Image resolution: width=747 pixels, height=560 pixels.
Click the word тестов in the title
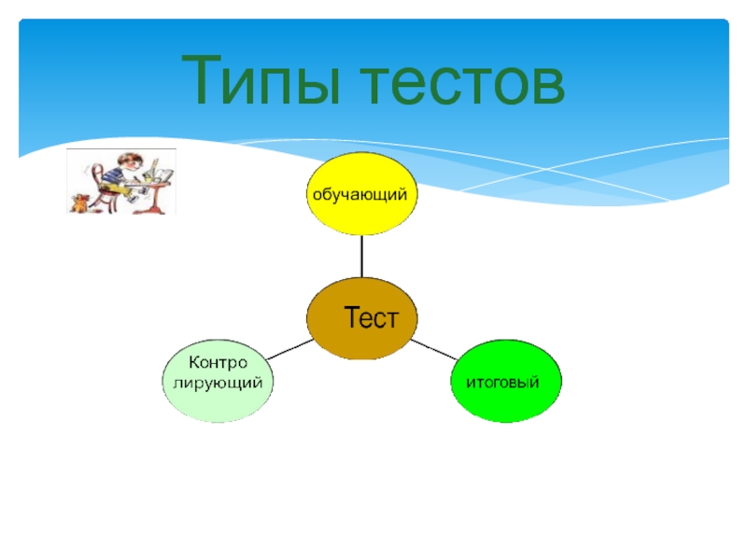tap(456, 80)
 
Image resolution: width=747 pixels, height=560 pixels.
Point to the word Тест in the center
tap(372, 317)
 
